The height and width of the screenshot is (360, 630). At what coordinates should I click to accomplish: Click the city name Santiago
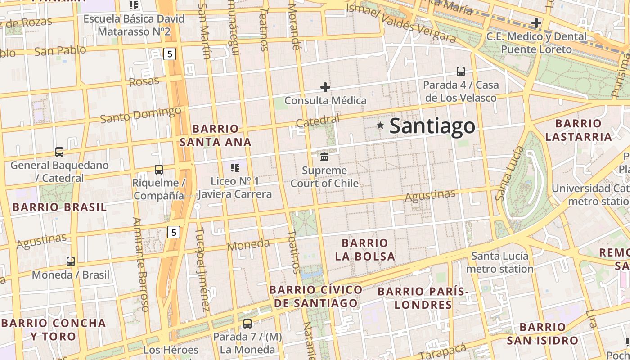(x=432, y=126)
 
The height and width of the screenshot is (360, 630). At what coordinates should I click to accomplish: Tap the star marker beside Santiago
(x=381, y=126)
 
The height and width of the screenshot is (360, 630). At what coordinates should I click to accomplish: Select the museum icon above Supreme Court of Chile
(x=324, y=157)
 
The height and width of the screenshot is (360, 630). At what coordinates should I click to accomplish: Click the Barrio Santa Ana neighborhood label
(x=216, y=135)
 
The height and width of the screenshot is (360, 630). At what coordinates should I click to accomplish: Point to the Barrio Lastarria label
(x=578, y=130)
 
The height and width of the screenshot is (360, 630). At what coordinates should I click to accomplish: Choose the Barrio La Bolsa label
(x=364, y=250)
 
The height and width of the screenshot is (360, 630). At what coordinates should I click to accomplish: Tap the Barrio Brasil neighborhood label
(x=59, y=207)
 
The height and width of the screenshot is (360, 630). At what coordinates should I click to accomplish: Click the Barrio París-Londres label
(x=423, y=298)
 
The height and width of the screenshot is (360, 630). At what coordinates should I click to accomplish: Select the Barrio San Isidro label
(x=542, y=333)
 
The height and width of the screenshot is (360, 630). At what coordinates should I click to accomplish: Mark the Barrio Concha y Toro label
(x=54, y=329)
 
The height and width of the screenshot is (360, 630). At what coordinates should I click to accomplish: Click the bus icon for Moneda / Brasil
(x=71, y=261)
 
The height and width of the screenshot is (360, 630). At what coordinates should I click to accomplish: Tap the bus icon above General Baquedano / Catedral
(x=59, y=152)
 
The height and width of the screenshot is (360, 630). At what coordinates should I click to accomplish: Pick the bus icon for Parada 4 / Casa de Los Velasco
(x=461, y=72)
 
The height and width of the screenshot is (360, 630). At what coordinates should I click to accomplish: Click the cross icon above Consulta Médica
(x=325, y=87)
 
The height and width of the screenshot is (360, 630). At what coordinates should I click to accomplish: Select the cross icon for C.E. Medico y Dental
(x=536, y=23)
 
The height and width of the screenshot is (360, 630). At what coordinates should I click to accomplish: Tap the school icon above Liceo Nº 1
(x=234, y=168)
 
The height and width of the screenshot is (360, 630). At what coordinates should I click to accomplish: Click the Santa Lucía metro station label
(x=499, y=262)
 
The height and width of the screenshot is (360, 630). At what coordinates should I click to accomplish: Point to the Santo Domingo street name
(x=141, y=115)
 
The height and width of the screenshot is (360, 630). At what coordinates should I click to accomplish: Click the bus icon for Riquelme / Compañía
(x=159, y=170)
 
